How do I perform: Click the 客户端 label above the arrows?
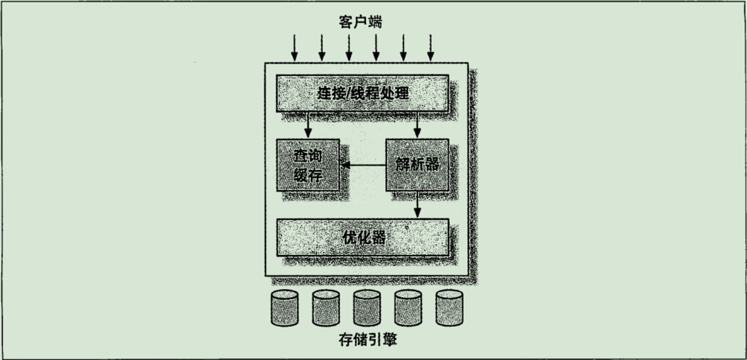click(x=360, y=22)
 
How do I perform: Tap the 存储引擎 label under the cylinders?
click(x=368, y=339)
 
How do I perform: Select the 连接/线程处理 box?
click(x=362, y=93)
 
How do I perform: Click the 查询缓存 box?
click(x=308, y=165)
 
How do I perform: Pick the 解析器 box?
click(x=417, y=165)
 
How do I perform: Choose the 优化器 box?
click(x=362, y=238)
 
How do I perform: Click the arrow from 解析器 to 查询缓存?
click(x=363, y=165)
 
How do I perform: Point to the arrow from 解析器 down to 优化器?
click(x=417, y=204)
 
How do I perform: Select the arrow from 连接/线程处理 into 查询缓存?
click(x=308, y=125)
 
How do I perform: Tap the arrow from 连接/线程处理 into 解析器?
click(x=417, y=125)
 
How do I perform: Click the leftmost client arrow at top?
click(x=294, y=48)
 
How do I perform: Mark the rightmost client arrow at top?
click(x=430, y=48)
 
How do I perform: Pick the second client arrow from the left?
click(x=322, y=48)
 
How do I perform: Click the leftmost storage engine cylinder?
click(x=285, y=308)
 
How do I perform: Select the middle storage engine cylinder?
click(x=367, y=308)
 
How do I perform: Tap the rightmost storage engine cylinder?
click(x=449, y=308)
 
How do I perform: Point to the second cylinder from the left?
click(x=326, y=308)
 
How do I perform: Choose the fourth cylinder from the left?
click(x=408, y=308)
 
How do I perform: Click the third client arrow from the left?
click(x=349, y=48)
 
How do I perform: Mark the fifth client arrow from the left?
click(x=403, y=48)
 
